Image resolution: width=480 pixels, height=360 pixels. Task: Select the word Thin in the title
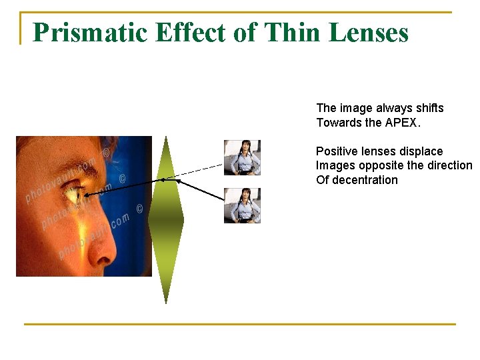tap(289, 32)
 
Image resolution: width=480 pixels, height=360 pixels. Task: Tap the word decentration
tap(365, 180)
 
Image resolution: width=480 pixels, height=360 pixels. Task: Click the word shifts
tap(428, 108)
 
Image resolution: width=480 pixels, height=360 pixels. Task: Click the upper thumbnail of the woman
tap(242, 157)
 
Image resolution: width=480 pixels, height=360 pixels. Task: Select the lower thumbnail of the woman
tap(242, 205)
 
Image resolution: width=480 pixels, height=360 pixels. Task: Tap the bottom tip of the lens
tap(165, 302)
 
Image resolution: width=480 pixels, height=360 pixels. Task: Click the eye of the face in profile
tap(71, 195)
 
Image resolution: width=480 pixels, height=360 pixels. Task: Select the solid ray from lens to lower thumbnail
tap(201, 190)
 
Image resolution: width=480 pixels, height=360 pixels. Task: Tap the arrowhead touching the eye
tap(87, 193)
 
